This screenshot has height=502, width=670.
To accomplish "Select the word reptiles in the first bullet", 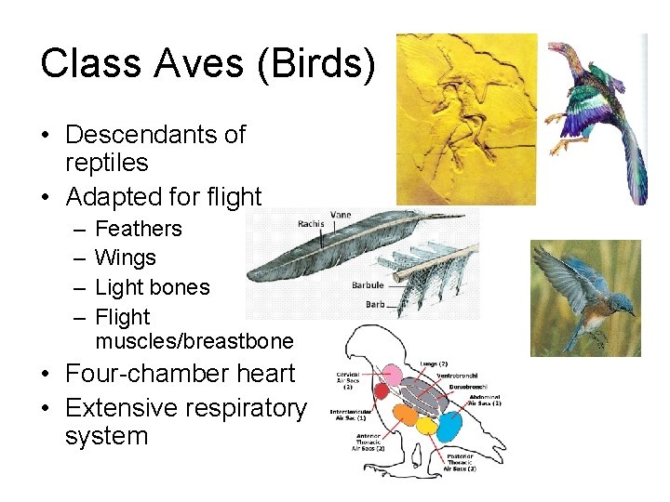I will pos(106,163).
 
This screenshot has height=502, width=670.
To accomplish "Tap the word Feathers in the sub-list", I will pos(139,229).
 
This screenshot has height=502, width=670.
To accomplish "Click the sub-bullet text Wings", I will pos(126,258).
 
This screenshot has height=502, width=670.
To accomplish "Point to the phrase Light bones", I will pos(153,287).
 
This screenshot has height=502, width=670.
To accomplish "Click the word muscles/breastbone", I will pos(194,340).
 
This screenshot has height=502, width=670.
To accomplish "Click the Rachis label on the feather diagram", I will pos(310,224).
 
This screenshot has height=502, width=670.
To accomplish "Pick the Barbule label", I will pos(368,285).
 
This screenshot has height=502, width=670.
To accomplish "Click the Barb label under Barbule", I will pos(374,303).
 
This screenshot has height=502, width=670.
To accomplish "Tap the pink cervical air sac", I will pos(394,375).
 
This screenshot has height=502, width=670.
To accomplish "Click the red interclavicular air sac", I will pos(382,391).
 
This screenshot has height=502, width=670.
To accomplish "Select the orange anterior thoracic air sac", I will pos(406,422).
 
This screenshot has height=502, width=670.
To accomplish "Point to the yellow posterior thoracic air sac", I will pos(427,426).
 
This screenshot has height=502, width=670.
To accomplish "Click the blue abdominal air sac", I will pos(449,427).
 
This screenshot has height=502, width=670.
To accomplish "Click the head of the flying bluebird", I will pos(619,298).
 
